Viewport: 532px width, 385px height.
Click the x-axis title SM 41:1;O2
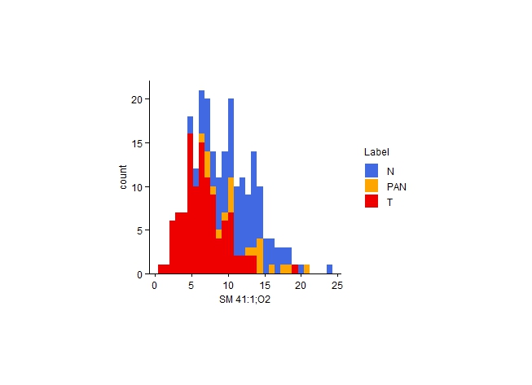[x=244, y=300]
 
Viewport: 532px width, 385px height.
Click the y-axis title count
[x=123, y=177]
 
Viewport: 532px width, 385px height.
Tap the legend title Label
[x=376, y=152]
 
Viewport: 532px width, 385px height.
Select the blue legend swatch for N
[x=372, y=170]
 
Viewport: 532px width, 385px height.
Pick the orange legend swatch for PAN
[x=372, y=186]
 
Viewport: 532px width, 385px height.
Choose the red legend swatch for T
[x=372, y=201]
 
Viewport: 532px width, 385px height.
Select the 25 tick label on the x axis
[x=337, y=286]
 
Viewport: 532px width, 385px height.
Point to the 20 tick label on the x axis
[x=301, y=286]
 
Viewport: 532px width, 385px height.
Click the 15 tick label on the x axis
[x=264, y=286]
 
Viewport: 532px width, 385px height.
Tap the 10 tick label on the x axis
[x=228, y=286]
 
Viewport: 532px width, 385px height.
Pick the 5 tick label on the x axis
[x=191, y=286]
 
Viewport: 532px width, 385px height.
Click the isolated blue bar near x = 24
[x=329, y=269]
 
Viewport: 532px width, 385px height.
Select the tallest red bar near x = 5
[x=190, y=203]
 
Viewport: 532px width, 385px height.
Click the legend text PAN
[x=396, y=186]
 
